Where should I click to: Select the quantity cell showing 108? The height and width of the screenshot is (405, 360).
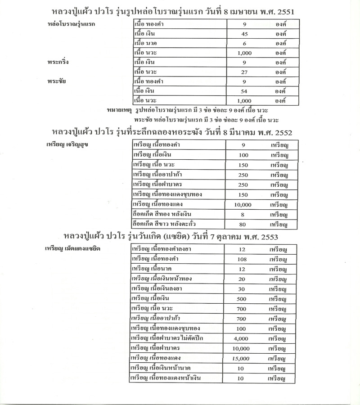pos(242,259)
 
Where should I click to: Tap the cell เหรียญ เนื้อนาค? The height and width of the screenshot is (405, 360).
pos(153,269)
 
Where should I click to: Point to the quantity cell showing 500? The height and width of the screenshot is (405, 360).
pos(242,298)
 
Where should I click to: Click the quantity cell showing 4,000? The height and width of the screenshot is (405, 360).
pos(242,338)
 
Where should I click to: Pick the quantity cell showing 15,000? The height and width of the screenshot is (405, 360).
pos(242,358)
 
